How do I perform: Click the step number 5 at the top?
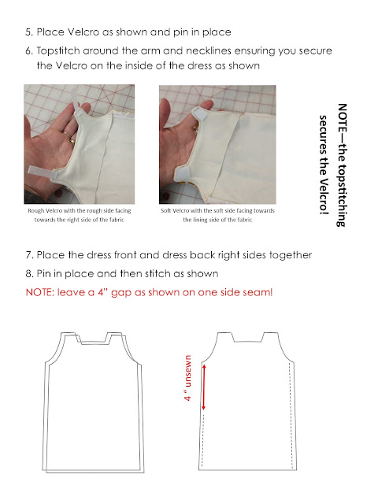(29, 32)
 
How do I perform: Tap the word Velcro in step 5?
(83, 32)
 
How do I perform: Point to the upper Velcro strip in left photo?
(76, 102)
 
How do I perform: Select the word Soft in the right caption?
(166, 211)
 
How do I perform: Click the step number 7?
(29, 255)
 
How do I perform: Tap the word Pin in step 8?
(44, 274)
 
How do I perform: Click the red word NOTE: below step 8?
(40, 292)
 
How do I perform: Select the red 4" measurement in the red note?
(102, 292)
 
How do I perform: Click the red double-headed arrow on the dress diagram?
(203, 387)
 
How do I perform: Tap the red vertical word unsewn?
(188, 371)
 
